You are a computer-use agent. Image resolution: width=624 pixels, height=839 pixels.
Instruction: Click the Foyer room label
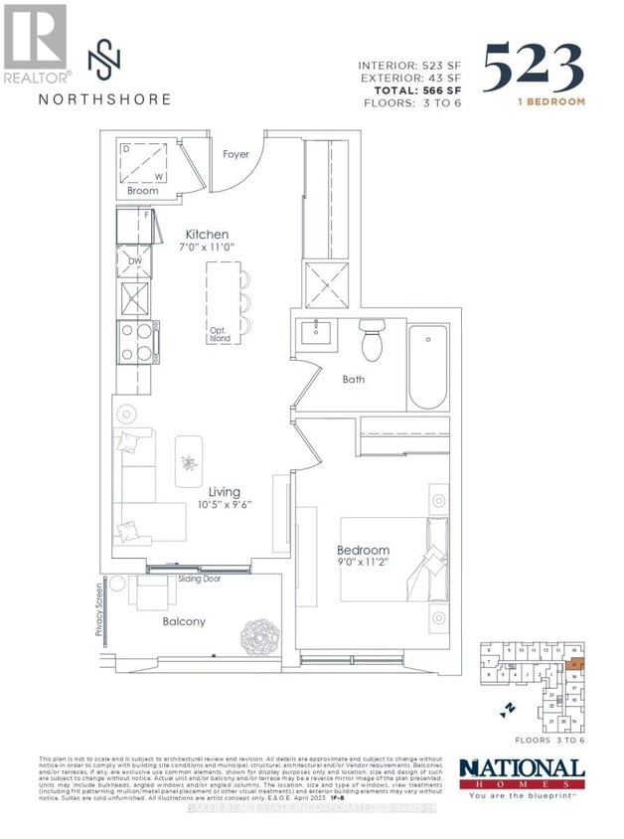click(235, 154)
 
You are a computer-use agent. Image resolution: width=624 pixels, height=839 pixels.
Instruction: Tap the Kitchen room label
click(206, 235)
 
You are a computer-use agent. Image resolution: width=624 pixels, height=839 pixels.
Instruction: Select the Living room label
click(226, 491)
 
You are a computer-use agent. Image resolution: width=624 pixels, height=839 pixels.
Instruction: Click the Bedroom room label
click(363, 550)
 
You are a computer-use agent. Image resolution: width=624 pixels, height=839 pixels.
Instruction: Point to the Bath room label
click(353, 379)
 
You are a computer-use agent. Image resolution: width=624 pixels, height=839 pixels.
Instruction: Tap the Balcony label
click(184, 621)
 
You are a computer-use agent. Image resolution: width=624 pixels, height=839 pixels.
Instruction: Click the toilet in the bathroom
click(372, 343)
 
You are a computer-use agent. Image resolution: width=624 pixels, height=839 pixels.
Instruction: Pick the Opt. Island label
click(221, 334)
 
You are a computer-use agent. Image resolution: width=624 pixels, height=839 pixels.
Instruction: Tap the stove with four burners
click(134, 342)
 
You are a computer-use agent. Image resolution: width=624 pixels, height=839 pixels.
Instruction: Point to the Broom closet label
click(142, 190)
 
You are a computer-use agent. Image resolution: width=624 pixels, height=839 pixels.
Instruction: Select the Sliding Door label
click(199, 578)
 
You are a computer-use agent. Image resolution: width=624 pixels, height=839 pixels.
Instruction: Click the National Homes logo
click(522, 772)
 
